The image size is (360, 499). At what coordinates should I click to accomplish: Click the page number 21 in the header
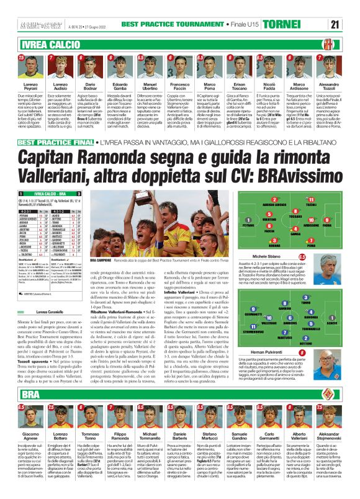point(352,7)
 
